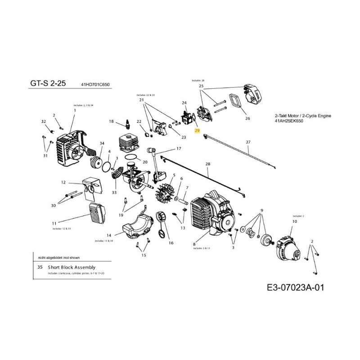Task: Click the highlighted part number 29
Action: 197,130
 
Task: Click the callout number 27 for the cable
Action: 248,142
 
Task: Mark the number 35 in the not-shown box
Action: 40,267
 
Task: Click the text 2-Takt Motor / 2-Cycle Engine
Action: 302,116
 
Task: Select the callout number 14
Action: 109,235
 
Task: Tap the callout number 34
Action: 102,143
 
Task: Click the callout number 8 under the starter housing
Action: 194,243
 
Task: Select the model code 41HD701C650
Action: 95,85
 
